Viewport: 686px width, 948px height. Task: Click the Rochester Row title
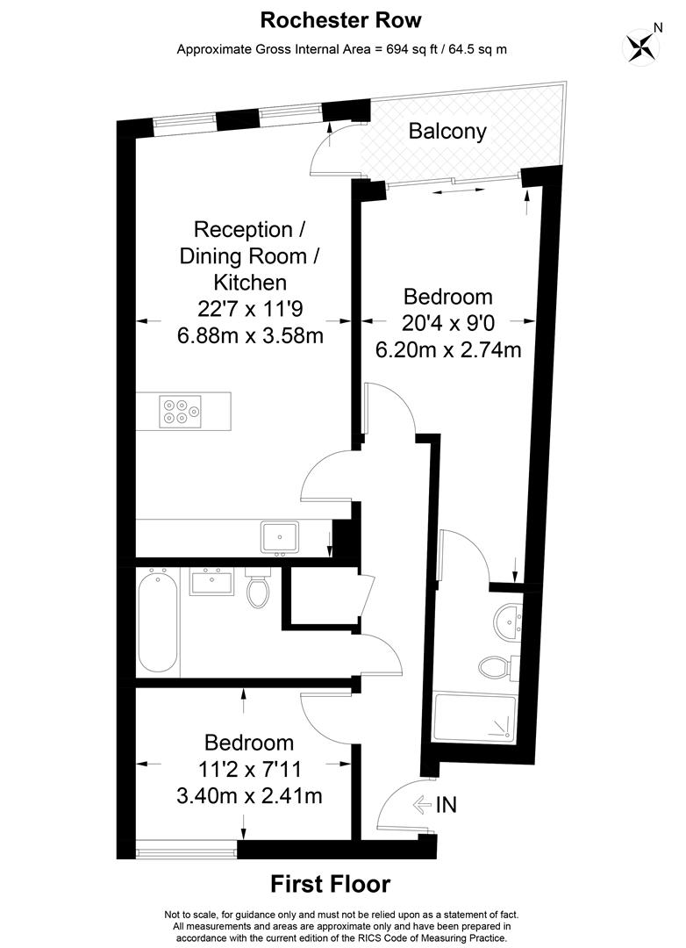click(x=341, y=20)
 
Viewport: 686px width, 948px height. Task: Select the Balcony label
click(x=447, y=131)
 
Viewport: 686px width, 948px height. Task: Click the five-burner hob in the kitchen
click(x=181, y=412)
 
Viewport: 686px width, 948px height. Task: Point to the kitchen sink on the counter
click(x=280, y=537)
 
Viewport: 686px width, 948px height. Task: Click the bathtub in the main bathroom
click(x=158, y=621)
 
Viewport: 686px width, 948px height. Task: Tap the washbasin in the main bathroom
click(x=212, y=581)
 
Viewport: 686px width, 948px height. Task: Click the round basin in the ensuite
click(x=508, y=621)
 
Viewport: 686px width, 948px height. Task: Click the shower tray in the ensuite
click(x=475, y=720)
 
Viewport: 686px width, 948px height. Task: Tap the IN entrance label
click(x=446, y=805)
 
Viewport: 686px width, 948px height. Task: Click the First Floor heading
click(x=330, y=884)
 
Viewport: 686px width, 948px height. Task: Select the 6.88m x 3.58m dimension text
click(x=250, y=335)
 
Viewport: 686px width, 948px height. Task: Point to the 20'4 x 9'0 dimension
click(x=448, y=323)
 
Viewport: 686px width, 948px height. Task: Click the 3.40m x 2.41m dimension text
click(x=249, y=795)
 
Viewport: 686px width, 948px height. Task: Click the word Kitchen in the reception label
click(x=250, y=283)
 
